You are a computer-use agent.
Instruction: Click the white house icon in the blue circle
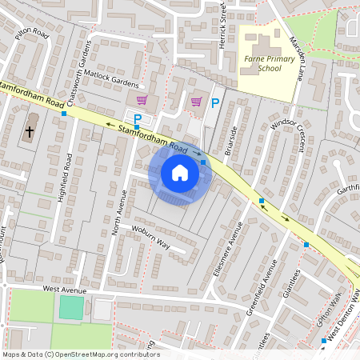[180, 172]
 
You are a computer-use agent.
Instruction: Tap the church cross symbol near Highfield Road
[30, 131]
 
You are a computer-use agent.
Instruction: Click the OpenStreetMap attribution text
[80, 354]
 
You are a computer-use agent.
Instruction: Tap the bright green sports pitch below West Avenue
[71, 308]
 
